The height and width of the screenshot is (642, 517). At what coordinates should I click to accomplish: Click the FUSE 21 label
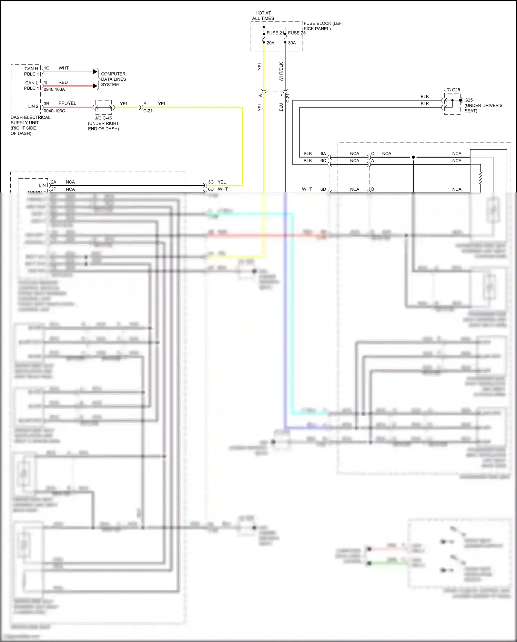[275, 33]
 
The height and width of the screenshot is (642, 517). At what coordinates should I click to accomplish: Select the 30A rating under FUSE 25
[292, 43]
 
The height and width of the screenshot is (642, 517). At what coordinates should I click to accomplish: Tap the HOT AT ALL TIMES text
[263, 16]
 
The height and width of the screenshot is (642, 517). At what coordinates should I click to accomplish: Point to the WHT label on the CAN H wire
[63, 68]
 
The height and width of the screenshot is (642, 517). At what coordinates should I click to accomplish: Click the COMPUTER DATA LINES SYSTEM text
[113, 79]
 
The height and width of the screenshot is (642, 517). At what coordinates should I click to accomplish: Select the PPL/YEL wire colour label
[67, 103]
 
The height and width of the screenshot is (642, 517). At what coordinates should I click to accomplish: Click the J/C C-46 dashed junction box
[103, 108]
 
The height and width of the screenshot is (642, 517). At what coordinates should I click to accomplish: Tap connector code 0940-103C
[54, 111]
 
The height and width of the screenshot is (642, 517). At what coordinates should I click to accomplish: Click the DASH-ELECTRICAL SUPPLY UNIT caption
[30, 125]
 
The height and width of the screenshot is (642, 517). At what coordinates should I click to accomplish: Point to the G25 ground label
[469, 100]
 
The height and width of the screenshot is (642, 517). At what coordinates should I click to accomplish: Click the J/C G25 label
[452, 90]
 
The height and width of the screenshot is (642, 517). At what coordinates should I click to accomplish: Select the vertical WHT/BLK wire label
[281, 72]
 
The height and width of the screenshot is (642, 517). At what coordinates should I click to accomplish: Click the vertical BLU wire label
[281, 107]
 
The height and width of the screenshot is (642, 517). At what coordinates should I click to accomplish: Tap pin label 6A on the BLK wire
[323, 154]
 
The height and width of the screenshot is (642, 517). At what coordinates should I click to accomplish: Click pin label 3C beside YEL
[211, 182]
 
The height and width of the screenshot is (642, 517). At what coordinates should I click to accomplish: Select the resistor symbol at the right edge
[480, 178]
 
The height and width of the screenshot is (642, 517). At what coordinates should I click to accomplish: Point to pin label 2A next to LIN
[53, 182]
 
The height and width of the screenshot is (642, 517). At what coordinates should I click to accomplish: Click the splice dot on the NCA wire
[413, 157]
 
